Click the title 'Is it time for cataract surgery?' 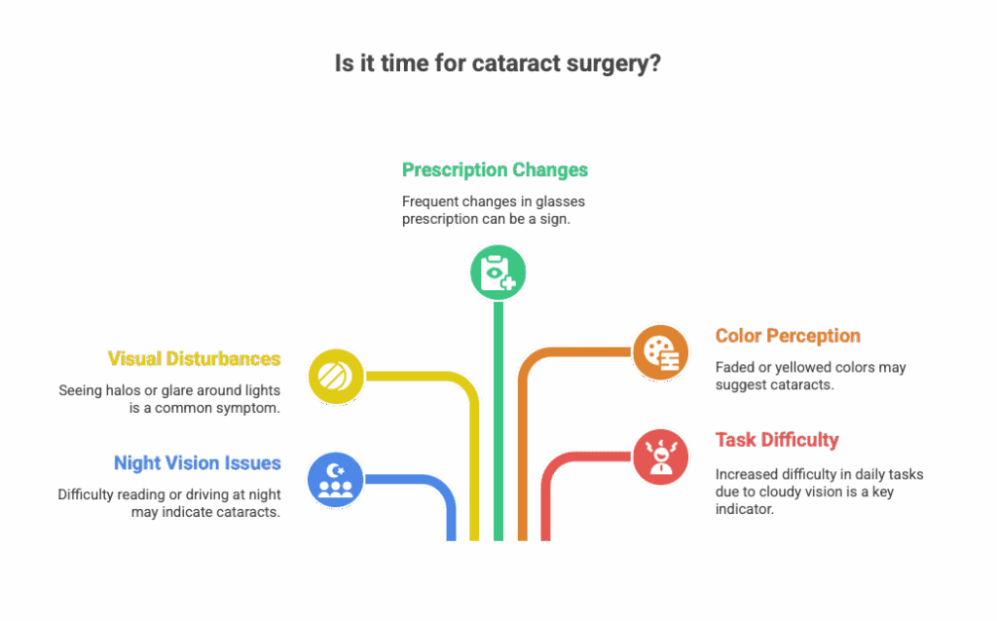click(x=498, y=65)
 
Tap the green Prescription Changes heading click(x=495, y=170)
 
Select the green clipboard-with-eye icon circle click(x=498, y=272)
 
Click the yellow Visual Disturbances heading click(x=194, y=359)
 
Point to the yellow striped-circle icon click(x=336, y=376)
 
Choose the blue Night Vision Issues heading click(x=197, y=463)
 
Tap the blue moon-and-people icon click(x=336, y=479)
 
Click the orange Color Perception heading click(x=788, y=337)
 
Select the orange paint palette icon click(x=661, y=351)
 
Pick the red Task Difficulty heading click(x=777, y=440)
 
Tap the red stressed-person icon click(x=661, y=456)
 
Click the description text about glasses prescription click(x=494, y=209)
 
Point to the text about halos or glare click(x=169, y=399)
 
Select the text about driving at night click(x=169, y=503)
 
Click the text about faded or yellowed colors click(x=810, y=376)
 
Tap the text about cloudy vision click(x=819, y=492)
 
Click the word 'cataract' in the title click(x=512, y=65)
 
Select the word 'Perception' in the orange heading click(x=812, y=337)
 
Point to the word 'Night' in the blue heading click(x=137, y=463)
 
